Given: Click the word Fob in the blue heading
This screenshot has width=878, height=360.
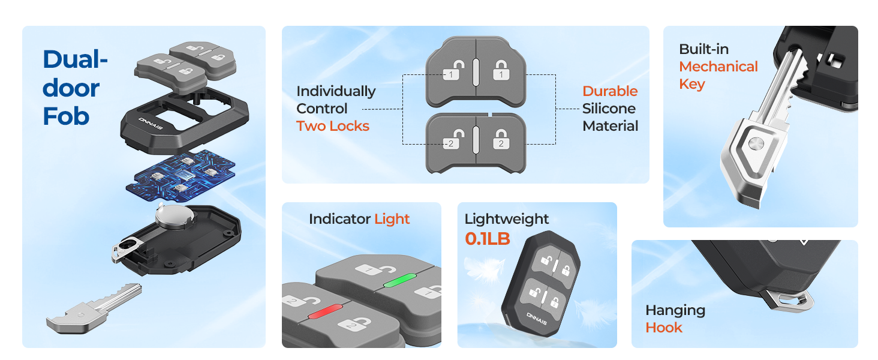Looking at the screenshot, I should point(66,116).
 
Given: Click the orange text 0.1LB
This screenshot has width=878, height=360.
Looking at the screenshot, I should point(487,239).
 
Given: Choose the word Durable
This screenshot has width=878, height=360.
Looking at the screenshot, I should point(610,91).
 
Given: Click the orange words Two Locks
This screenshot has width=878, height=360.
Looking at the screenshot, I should point(332,126).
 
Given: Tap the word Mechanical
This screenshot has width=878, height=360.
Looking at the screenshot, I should point(718,67).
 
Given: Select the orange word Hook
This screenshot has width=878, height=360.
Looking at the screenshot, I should point(663,328).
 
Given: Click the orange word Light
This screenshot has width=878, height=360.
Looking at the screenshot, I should point(392,219).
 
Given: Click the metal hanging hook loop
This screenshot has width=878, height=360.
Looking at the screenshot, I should point(787,298).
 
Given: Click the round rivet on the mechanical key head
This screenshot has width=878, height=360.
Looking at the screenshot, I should point(756,143).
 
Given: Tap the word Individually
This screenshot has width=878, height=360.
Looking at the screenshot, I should point(336,91).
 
